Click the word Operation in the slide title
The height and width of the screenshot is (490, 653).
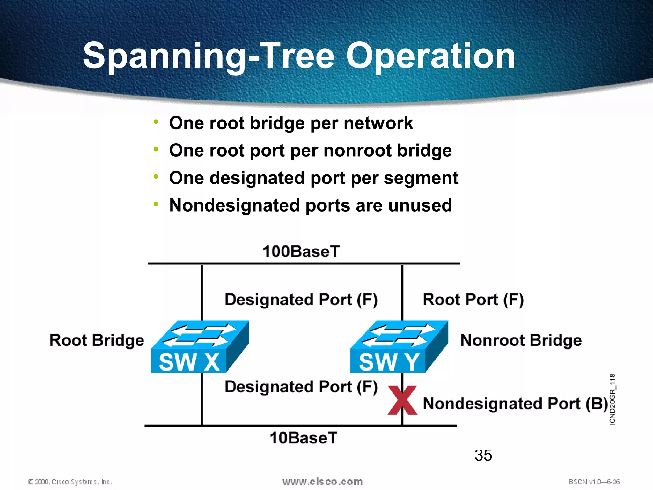(430, 56)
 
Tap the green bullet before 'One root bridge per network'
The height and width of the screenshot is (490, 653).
(156, 122)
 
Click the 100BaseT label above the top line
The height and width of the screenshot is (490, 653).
(301, 251)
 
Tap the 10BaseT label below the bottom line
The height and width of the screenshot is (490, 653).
(303, 438)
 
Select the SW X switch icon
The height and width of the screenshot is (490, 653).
(200, 347)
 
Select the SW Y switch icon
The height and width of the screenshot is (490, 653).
(399, 347)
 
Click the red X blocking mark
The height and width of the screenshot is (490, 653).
(402, 400)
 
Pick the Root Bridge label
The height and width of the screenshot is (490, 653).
(97, 340)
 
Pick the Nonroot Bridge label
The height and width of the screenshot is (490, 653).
(521, 340)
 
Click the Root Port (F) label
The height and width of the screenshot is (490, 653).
(473, 300)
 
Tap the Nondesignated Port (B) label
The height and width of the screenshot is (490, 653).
(515, 404)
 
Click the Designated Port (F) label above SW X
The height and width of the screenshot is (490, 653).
(301, 300)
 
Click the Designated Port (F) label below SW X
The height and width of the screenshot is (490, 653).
(301, 387)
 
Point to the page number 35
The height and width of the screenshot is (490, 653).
(483, 456)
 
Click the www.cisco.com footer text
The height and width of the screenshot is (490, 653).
(322, 481)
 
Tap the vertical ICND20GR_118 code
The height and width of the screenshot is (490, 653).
(612, 399)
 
